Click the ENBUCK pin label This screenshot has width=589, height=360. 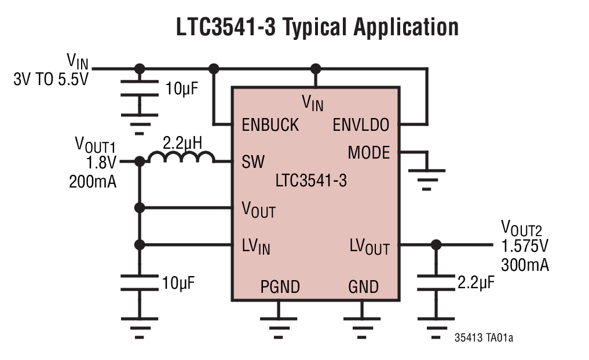click(270, 125)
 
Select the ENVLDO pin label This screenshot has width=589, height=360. click(361, 125)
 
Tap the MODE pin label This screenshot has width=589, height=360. click(369, 153)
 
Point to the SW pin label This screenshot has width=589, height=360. click(253, 162)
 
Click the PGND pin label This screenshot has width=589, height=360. click(280, 286)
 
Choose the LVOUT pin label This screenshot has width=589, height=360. click(370, 247)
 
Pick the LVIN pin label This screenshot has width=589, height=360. click(256, 247)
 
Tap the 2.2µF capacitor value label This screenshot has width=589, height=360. click(476, 283)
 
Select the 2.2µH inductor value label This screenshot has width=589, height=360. click(182, 142)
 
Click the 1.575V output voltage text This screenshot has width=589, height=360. click(524, 246)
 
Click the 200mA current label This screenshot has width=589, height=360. click(93, 182)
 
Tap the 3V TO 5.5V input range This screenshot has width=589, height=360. click(51, 79)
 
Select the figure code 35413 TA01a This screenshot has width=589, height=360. click(484, 337)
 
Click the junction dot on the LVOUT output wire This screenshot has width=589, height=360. click(436, 244)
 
